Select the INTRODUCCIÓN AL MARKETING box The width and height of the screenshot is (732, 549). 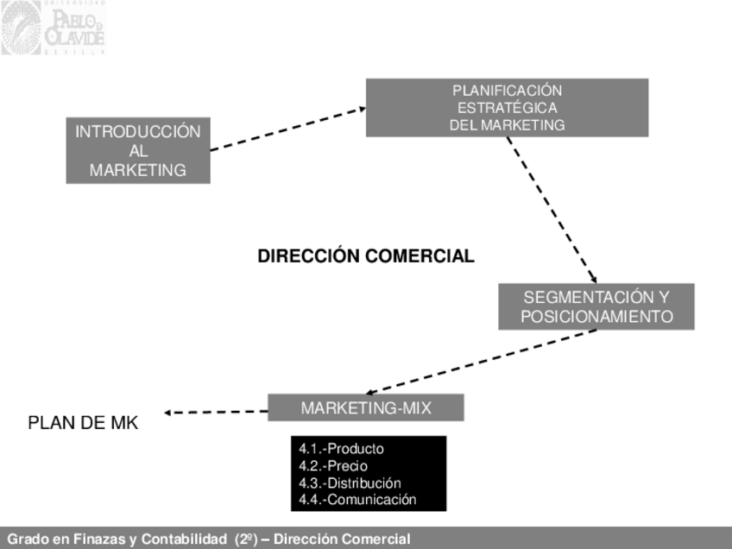pos(138,151)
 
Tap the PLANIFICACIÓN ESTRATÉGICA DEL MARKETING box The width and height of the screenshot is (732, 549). pos(507,108)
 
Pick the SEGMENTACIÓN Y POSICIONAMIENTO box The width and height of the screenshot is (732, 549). pos(596,306)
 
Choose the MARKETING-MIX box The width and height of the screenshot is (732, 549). pos(366,407)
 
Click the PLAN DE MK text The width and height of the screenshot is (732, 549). pos(83,423)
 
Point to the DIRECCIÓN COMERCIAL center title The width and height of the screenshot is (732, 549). pos(366,256)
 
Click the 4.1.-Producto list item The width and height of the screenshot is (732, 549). pos(342,449)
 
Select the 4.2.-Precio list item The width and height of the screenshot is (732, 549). pos(333,466)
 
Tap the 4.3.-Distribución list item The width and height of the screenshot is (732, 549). pos(350,483)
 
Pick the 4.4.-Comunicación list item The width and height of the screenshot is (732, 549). pos(357,499)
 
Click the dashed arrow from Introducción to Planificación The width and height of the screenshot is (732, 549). pos(288,129)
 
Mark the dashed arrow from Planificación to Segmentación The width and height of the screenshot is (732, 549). pos(551,210)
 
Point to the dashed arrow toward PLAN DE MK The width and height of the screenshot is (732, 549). pos(216,412)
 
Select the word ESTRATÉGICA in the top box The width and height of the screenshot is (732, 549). pos(507,108)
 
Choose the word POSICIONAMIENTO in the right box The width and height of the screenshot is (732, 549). pos(596,317)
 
